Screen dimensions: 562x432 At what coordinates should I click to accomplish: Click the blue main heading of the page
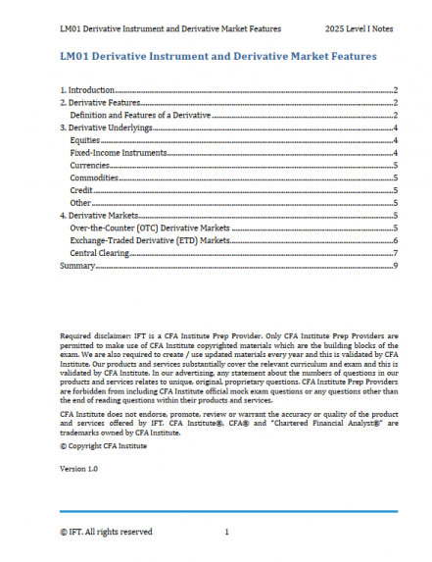tap(217, 57)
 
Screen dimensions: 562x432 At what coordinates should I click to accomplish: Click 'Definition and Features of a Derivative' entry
tap(141, 115)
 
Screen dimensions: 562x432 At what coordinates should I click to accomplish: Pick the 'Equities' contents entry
tap(85, 140)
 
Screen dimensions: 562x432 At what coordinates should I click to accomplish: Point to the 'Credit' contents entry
tap(82, 190)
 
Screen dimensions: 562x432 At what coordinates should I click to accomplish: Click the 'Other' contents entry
tap(81, 202)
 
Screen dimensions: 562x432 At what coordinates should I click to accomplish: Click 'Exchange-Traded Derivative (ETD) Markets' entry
tap(150, 240)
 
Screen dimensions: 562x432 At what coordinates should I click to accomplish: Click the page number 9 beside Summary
tap(394, 266)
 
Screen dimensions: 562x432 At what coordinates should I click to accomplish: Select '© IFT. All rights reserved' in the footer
tap(106, 532)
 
